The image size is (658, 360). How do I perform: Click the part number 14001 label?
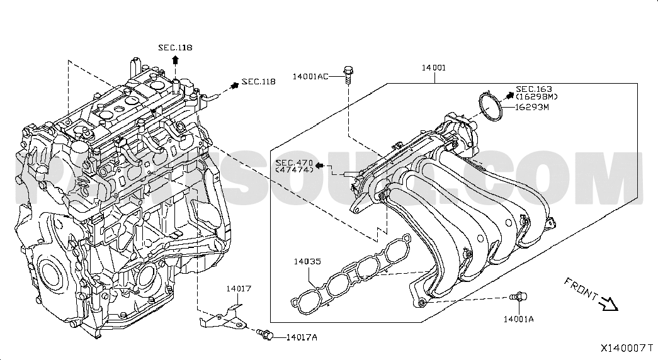(434, 67)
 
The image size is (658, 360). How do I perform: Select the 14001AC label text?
(310, 77)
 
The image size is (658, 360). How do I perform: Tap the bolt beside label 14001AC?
(348, 74)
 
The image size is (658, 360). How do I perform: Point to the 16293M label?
(532, 107)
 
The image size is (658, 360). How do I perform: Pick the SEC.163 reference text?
(534, 89)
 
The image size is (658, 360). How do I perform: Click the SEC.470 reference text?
(293, 162)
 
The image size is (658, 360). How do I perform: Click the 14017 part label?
(239, 289)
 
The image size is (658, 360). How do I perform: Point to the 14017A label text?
(301, 337)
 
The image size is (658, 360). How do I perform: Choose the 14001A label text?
(518, 319)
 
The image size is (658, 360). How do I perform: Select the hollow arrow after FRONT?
(608, 305)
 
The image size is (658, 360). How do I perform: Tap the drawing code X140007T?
(627, 347)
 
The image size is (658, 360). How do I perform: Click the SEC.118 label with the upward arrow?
(175, 47)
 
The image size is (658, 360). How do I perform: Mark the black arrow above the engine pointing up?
(176, 60)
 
